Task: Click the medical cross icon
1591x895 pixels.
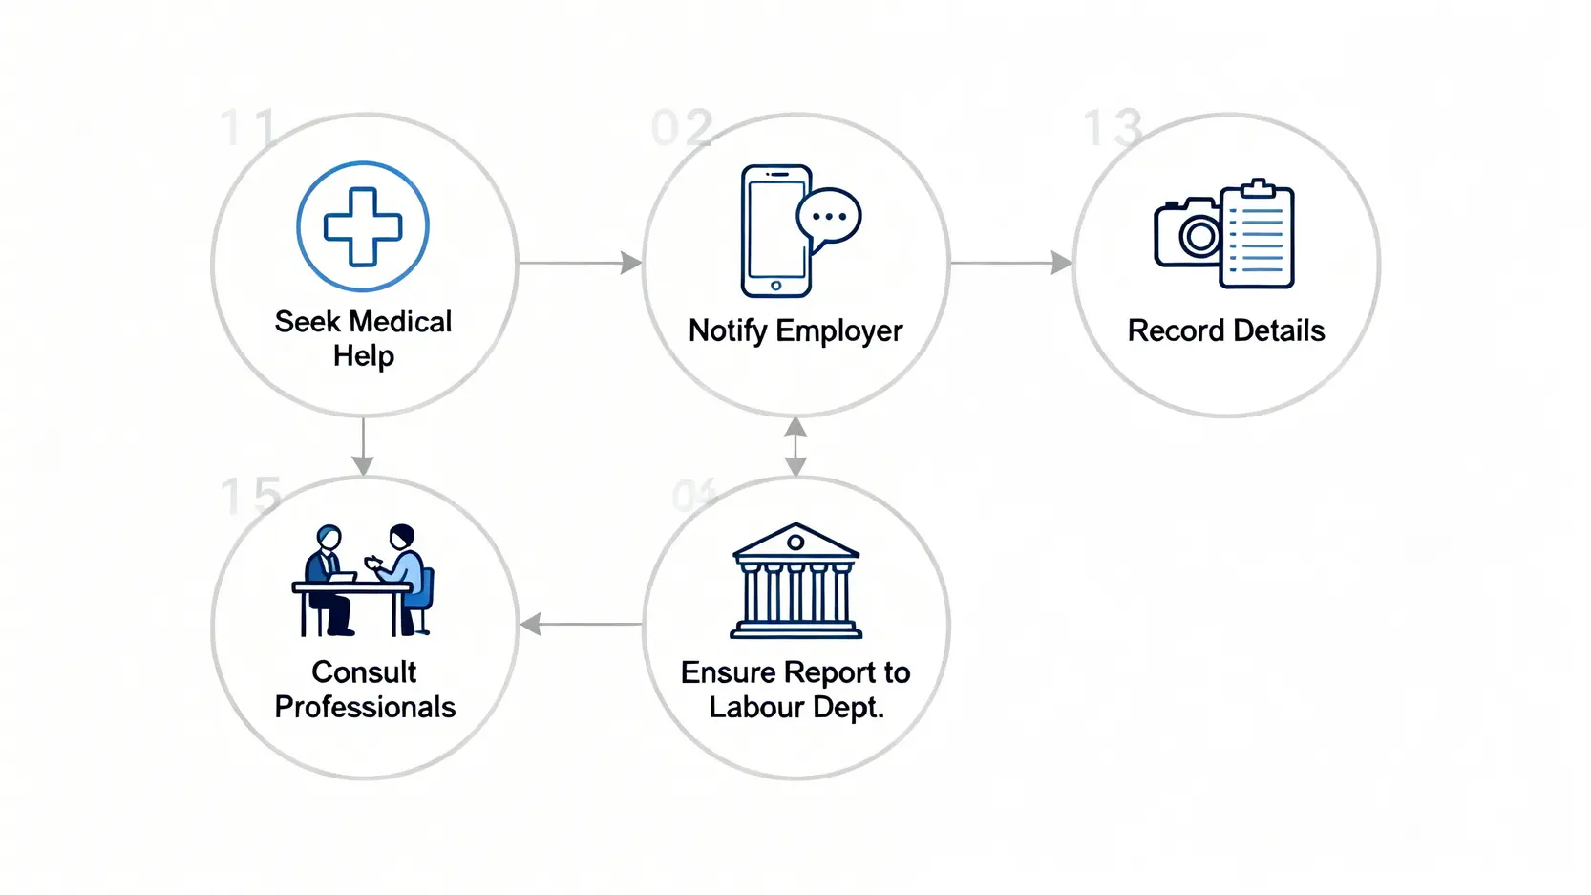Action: pyautogui.click(x=363, y=226)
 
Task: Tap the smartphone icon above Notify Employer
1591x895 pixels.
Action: pyautogui.click(x=775, y=231)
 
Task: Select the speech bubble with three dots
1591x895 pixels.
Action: pyautogui.click(x=829, y=217)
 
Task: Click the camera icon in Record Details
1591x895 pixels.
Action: pyautogui.click(x=1188, y=233)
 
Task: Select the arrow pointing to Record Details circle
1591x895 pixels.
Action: pyautogui.click(x=1010, y=263)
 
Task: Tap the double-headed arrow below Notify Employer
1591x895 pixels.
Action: pyautogui.click(x=795, y=446)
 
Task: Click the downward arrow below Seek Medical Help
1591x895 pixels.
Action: pyautogui.click(x=363, y=446)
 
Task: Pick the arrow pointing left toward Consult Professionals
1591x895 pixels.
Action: pyautogui.click(x=581, y=625)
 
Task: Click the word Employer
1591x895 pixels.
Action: pyautogui.click(x=838, y=330)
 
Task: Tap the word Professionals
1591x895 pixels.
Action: pyautogui.click(x=365, y=707)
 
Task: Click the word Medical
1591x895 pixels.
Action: pyautogui.click(x=401, y=322)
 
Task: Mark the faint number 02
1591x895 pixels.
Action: pyautogui.click(x=682, y=128)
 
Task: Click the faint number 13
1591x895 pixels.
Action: pyautogui.click(x=1113, y=128)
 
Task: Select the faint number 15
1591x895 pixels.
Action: pyautogui.click(x=250, y=496)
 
